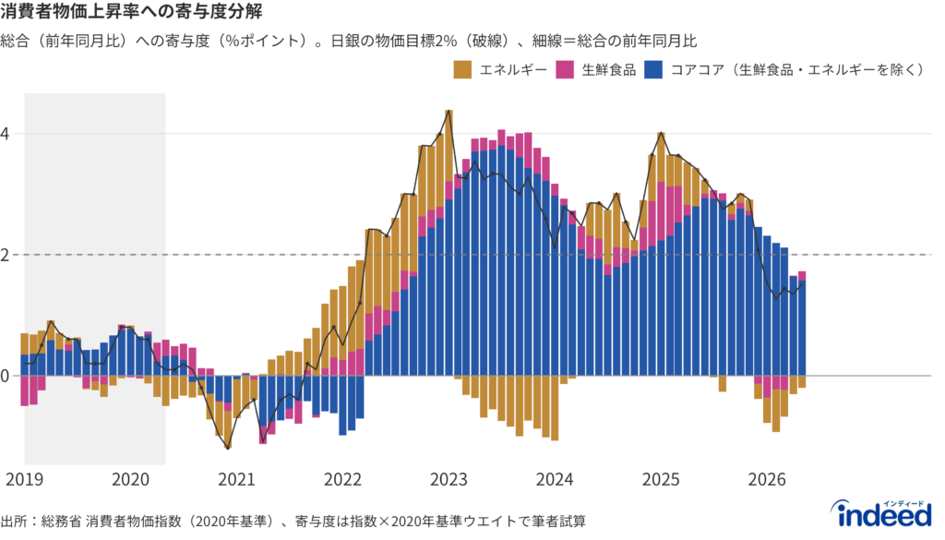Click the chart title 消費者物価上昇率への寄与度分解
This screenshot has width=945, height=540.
point(131,11)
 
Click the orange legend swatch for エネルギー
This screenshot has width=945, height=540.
point(463,70)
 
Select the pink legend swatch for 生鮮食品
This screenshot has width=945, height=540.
point(565,70)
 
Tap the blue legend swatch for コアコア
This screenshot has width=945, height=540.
point(653,70)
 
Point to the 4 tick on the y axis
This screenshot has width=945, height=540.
point(5,134)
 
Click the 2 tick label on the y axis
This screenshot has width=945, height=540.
point(5,255)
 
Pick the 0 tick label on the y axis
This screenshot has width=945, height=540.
point(5,376)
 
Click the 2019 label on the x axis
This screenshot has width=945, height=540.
point(25,480)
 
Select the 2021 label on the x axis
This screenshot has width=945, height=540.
point(237,480)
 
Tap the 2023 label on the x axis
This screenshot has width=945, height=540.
point(449,480)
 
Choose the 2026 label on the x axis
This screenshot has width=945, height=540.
point(767,480)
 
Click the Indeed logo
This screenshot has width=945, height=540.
point(881,513)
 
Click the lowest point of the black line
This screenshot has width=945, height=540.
point(228,448)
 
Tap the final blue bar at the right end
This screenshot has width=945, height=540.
point(802,329)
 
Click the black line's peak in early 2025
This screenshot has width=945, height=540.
point(661,133)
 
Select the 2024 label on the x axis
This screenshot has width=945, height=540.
point(555,480)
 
